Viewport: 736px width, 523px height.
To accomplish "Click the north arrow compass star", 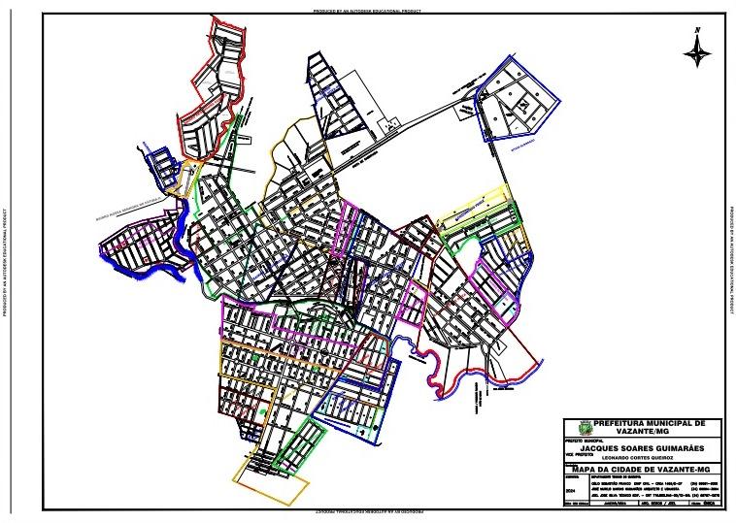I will (x=697, y=54).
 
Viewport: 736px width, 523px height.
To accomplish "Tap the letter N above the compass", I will (x=697, y=32).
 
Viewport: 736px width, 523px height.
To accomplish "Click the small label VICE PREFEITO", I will (x=581, y=454).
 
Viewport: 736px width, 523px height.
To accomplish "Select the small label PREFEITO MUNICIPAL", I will (x=583, y=439).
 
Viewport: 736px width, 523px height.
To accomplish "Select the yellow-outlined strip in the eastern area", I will (x=476, y=209).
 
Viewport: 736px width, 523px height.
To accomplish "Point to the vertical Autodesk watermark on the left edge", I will (x=7, y=262).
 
